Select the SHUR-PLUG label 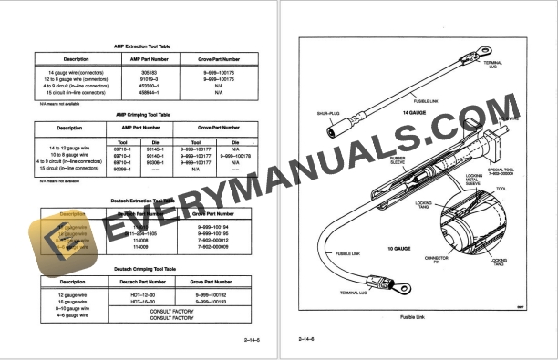[x=329, y=114]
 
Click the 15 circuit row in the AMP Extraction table [x=75, y=92]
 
